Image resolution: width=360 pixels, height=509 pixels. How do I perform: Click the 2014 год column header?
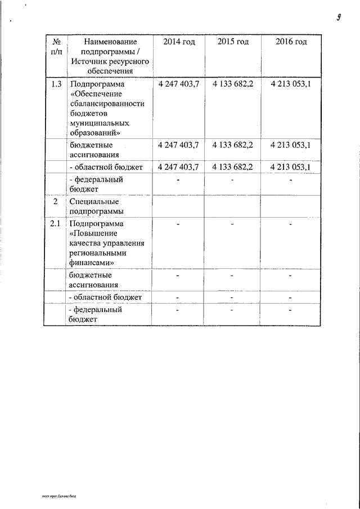(179, 43)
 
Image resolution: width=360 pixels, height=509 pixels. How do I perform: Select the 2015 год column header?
(233, 43)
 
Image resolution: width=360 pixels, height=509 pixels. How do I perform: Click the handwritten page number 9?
(340, 16)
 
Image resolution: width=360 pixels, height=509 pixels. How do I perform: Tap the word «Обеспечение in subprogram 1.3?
(93, 94)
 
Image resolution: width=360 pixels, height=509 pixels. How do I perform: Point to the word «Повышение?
(91, 233)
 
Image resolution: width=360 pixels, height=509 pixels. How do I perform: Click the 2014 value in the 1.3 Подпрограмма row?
(179, 84)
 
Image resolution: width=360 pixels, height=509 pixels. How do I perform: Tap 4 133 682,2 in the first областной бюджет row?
(233, 167)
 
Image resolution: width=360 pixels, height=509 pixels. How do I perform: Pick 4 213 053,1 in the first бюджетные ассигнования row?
(290, 145)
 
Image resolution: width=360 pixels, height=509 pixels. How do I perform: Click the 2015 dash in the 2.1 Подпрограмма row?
(233, 224)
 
